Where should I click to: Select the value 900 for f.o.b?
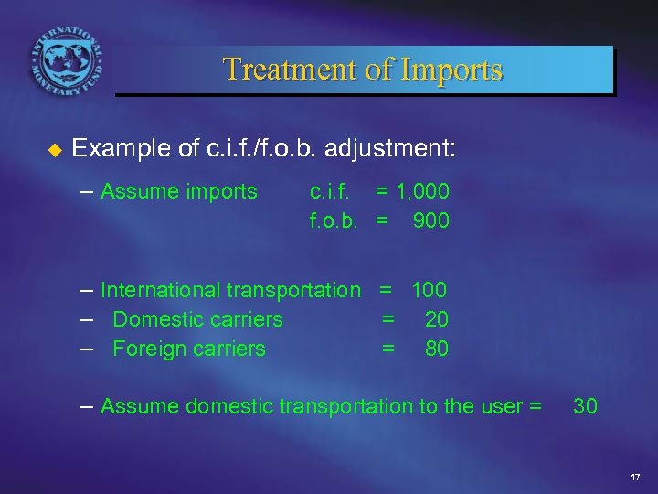(430, 220)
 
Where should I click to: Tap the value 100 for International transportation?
(429, 291)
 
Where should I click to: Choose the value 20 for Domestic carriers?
(437, 319)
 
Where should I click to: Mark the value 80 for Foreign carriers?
(437, 349)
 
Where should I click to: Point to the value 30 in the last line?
(585, 405)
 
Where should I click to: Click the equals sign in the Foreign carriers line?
(387, 349)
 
